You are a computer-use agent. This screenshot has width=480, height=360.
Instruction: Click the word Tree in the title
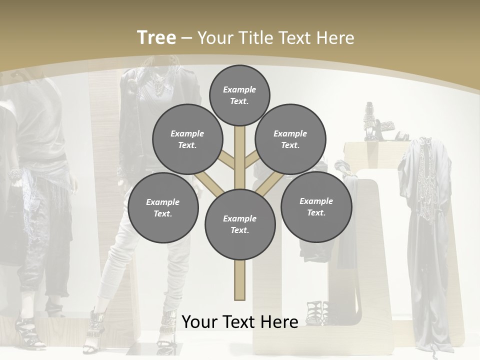click(156, 37)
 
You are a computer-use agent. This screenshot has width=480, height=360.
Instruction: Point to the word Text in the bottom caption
click(242, 321)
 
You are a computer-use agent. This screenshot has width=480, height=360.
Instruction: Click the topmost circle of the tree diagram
click(239, 95)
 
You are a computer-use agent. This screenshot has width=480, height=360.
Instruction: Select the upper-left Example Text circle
click(187, 139)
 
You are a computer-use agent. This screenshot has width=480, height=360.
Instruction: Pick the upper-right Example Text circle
click(290, 139)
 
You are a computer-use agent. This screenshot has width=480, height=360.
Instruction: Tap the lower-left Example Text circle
click(163, 208)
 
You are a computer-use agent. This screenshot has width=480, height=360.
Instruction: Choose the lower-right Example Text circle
click(316, 207)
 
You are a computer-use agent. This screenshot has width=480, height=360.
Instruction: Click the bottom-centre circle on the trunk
click(240, 224)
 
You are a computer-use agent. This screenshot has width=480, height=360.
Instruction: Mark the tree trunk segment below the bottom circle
click(240, 280)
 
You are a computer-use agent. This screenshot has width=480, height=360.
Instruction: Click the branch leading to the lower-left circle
click(209, 183)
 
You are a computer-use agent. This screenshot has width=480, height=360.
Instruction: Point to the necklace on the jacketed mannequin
click(159, 85)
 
